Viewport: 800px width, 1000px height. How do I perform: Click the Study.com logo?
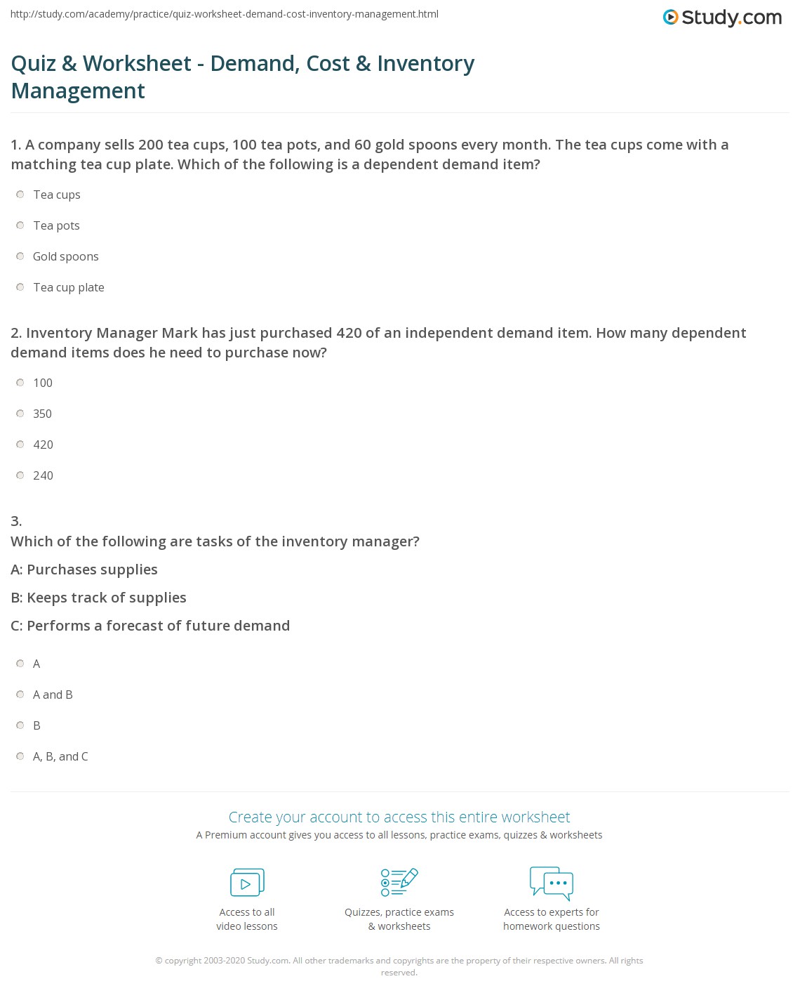coord(722,18)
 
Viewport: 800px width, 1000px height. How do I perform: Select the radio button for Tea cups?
coord(20,195)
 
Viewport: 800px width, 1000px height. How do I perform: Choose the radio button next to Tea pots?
coord(20,225)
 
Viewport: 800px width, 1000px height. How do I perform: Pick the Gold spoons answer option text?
coord(65,256)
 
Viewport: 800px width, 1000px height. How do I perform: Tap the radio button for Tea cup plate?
coord(20,287)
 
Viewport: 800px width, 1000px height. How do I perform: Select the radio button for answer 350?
coord(20,414)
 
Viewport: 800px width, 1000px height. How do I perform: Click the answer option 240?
coord(43,475)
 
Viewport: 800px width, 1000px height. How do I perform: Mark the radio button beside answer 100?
coord(20,383)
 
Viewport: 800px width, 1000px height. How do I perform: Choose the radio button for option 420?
coord(20,445)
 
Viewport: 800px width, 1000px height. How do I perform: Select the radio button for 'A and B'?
coord(20,695)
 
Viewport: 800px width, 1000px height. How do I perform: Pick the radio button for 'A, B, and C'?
coord(20,756)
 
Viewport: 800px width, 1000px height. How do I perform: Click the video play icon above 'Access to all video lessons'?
coord(247,883)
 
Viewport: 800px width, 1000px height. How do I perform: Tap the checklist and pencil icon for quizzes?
coord(399,883)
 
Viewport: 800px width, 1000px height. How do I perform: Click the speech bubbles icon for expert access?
coord(552,883)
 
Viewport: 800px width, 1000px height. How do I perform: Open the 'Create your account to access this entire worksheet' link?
coord(399,817)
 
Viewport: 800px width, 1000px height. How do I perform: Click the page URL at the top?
coord(225,14)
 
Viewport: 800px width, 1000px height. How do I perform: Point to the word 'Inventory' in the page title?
coord(425,64)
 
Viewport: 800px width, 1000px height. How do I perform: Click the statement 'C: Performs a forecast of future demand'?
coord(150,626)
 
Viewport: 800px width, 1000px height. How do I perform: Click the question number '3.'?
coord(16,521)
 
